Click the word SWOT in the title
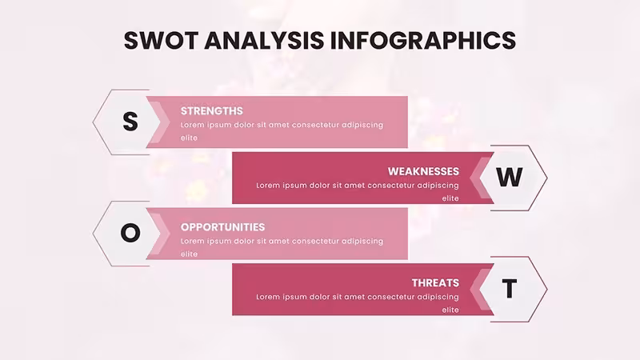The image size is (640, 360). tap(161, 40)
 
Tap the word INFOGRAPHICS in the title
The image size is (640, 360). tap(423, 40)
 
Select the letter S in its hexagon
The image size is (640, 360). tap(130, 122)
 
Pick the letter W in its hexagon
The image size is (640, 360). tap(510, 177)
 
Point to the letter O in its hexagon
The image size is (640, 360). tap(130, 233)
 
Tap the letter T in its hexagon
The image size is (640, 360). tap(510, 289)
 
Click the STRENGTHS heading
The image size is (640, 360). tap(212, 111)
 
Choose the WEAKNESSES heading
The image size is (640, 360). tap(423, 171)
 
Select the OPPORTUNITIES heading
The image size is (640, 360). tap(223, 227)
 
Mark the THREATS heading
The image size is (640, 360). tap(435, 283)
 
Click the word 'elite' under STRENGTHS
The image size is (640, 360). tap(189, 138)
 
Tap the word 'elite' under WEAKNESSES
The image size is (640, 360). tap(450, 198)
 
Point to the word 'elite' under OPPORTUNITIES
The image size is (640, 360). tap(189, 254)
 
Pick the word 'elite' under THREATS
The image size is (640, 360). tap(450, 310)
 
